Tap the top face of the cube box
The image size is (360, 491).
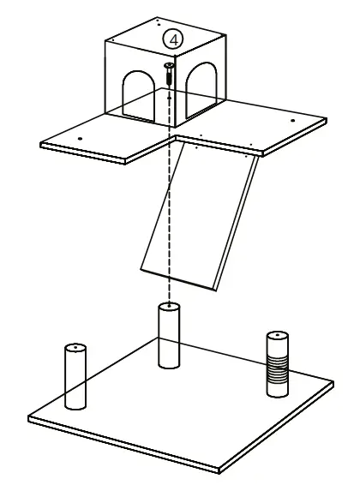tap(163, 30)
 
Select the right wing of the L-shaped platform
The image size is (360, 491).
tap(257, 124)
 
